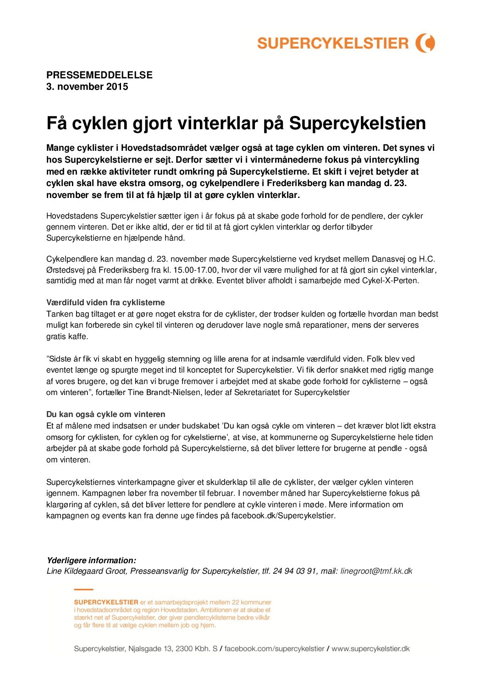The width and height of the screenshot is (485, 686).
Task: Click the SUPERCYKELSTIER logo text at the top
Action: (332, 44)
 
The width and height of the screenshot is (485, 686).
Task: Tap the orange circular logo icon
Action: (425, 43)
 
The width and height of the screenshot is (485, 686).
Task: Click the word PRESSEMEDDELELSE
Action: (99, 75)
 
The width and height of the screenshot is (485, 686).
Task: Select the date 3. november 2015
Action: (87, 87)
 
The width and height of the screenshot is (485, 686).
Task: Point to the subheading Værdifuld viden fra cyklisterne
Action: (105, 302)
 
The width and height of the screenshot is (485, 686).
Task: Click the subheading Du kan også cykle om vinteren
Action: (105, 414)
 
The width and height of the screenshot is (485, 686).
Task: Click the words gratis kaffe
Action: (67, 336)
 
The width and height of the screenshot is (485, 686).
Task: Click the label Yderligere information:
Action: (91, 560)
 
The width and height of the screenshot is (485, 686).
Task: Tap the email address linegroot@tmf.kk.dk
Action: (376, 571)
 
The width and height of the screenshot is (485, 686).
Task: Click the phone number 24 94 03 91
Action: (294, 571)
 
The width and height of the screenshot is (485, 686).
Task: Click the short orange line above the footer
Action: (83, 589)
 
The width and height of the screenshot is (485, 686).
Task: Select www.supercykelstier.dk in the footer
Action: (370, 648)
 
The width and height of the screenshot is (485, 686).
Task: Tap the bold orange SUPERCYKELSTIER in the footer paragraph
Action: (106, 602)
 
